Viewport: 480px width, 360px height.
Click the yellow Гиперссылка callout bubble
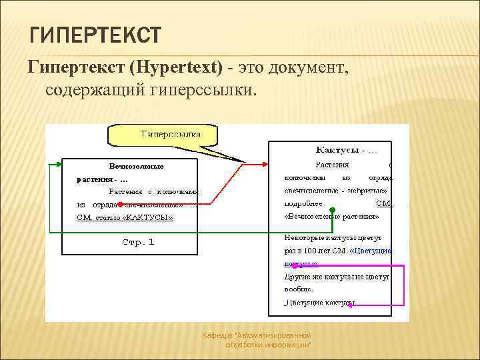163,135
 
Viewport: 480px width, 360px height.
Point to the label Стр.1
138,242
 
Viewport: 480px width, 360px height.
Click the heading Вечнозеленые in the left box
136,166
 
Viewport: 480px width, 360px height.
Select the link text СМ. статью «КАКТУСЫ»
125,217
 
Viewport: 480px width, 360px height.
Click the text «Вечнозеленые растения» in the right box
331,217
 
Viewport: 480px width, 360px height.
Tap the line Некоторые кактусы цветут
332,237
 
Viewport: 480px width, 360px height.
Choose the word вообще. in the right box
299,289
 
